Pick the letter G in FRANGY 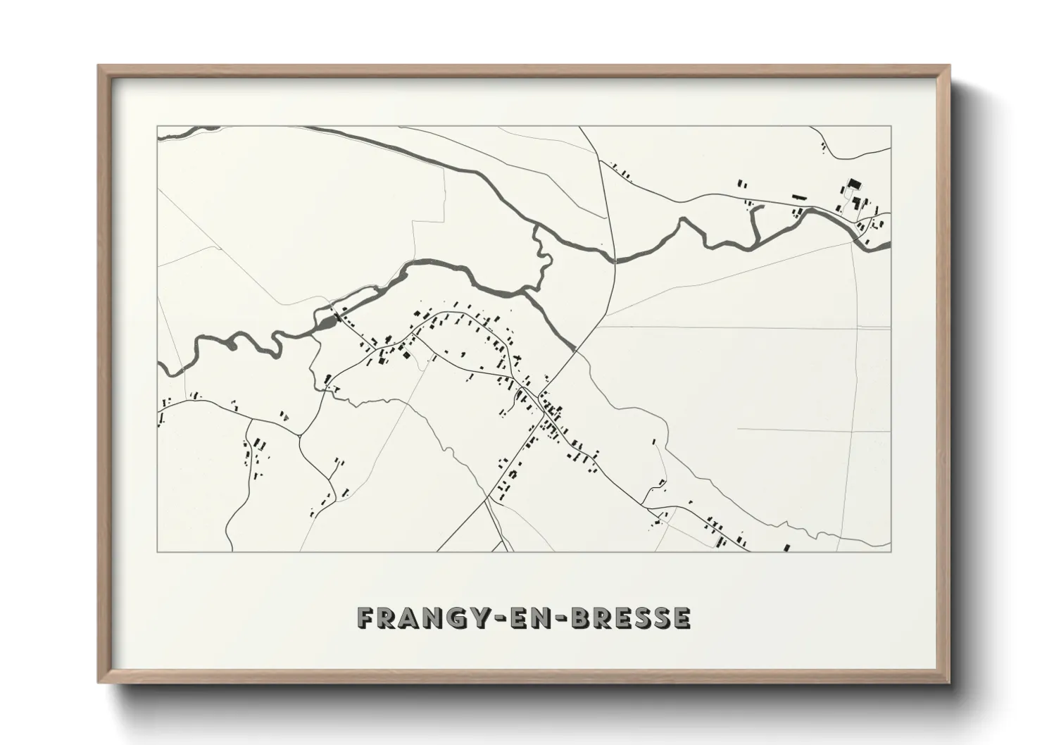[450, 618]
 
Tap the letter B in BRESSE [582, 618]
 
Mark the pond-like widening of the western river [328, 323]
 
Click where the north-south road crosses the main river [615, 258]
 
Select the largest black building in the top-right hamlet [854, 184]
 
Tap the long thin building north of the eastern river [798, 196]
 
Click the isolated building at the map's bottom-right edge [787, 547]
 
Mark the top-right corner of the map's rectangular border [891, 126]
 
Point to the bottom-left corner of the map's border [157, 551]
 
